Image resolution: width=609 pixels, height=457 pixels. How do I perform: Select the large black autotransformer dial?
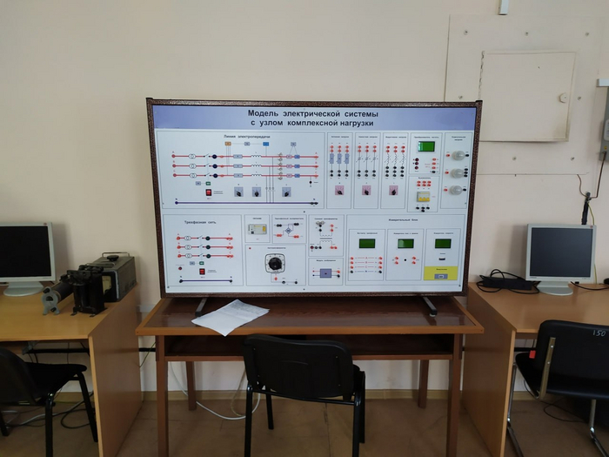[x=275, y=262]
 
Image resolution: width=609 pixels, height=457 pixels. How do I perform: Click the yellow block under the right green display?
[x=441, y=272]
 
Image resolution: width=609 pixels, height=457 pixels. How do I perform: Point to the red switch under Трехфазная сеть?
[x=203, y=272]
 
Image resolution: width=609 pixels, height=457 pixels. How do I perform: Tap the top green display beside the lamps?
[x=425, y=146]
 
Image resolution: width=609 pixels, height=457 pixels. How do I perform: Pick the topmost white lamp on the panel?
[x=455, y=155]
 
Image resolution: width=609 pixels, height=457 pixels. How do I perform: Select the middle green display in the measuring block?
[x=405, y=244]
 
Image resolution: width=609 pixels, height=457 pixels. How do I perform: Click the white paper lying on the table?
[x=230, y=316]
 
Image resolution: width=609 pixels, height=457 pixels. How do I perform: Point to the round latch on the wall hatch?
[x=562, y=97]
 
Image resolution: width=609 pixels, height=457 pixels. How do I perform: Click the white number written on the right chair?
[x=599, y=333]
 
